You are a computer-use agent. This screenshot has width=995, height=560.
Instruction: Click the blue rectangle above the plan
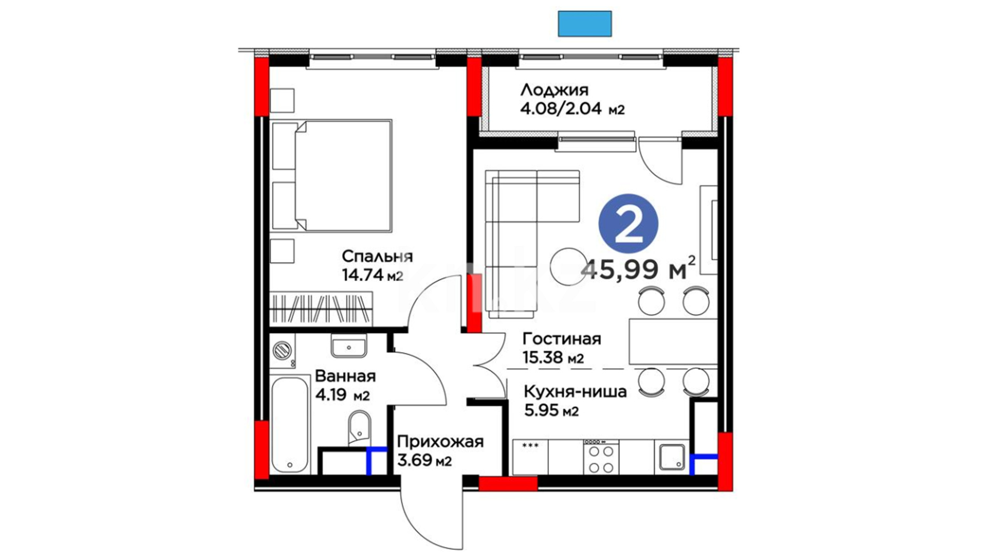tap(585, 24)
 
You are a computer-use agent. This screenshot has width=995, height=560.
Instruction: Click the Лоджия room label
tap(555, 90)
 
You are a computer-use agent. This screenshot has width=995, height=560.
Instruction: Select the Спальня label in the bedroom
tap(377, 256)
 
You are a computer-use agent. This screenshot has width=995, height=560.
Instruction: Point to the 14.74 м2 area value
tap(372, 274)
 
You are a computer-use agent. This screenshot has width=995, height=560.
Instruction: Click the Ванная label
tap(345, 376)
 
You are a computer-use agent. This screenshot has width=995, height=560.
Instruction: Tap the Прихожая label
tap(440, 442)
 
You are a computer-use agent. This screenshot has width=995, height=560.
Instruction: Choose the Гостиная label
tap(562, 339)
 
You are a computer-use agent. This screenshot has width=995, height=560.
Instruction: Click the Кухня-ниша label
tap(575, 391)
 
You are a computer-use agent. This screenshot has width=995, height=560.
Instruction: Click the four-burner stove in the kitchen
tap(601, 457)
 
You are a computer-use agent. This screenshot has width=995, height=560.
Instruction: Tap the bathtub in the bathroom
tap(290, 425)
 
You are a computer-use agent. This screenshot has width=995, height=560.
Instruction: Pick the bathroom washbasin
tap(349, 345)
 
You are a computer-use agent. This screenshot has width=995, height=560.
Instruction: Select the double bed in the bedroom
tap(332, 175)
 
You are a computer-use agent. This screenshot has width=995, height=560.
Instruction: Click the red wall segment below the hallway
tap(508, 484)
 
